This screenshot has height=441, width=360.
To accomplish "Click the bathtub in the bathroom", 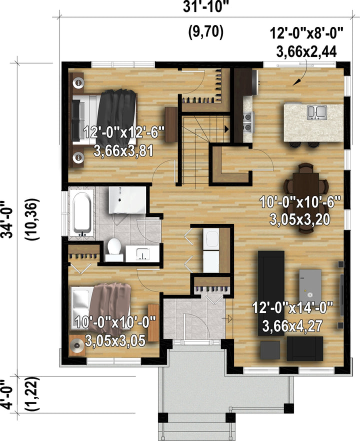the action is point(82,213).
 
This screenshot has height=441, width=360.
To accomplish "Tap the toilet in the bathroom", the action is point(114,249).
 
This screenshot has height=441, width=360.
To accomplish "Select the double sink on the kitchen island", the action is point(316,112).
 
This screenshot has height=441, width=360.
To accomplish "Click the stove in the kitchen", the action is point(247,122).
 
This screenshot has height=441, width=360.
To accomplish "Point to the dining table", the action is point(305,198).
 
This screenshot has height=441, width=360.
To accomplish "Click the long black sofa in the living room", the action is point(271,293).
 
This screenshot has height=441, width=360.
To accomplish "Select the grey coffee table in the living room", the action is point(310,286).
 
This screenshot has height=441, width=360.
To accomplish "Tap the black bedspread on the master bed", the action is point(117,116).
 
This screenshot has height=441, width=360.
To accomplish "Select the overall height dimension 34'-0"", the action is point(7,219).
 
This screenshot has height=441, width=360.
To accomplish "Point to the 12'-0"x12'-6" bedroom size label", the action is point(124,132).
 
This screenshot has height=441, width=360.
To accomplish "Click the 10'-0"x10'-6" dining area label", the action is point(300,201).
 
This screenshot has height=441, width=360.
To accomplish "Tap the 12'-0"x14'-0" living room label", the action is point(292,307).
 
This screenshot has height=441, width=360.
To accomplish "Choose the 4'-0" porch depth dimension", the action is point(7,394).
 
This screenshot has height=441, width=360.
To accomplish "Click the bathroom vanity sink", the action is point(142,253).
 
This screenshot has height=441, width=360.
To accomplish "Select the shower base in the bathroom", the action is point(127,199).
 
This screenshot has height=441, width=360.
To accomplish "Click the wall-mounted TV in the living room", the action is point(341,295).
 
